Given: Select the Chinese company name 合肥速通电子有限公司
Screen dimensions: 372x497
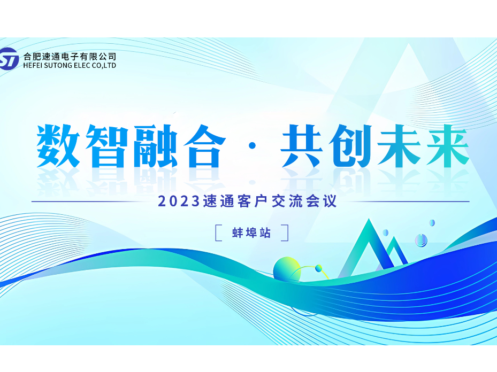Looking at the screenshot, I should [70, 56].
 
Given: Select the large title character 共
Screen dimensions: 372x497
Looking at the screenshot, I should [303, 146].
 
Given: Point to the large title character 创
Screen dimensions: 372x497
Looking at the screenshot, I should [351, 146].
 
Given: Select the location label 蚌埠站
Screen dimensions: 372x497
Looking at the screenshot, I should [251, 233].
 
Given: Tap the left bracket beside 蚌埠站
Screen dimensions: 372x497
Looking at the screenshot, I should [219, 233].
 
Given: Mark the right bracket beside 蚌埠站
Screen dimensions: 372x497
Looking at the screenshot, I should [285, 233].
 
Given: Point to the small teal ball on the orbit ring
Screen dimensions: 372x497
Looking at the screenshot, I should [318, 268].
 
